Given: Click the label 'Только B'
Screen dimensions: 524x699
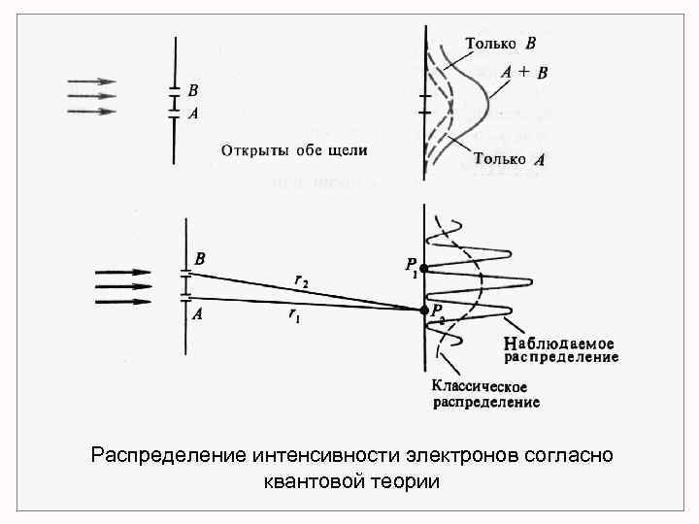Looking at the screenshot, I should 500,43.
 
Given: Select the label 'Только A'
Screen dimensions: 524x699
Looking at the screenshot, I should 510,159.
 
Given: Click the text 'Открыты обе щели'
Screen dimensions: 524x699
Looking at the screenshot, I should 294,150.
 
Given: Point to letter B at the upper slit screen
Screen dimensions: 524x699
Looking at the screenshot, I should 193,90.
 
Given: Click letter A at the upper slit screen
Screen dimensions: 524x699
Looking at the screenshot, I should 193,113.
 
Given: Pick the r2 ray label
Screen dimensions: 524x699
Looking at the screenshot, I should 302,280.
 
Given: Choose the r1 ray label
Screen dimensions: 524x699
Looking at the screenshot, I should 293,316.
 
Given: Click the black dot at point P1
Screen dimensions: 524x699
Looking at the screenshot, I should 423,268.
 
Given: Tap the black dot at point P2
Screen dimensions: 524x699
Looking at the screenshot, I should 424,310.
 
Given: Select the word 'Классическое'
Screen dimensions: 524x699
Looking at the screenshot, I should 481,386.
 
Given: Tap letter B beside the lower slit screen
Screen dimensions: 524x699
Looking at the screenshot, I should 199,259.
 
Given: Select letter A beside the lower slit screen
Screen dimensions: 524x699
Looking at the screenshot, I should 198,312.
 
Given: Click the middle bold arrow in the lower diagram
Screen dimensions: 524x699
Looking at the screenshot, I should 123,287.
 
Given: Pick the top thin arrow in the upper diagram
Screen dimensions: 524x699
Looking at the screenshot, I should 91,82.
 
